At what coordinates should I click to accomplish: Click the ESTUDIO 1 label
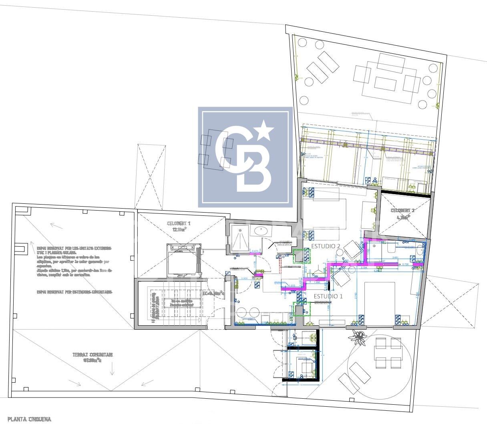click(x=328, y=296)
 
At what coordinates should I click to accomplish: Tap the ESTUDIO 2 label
click(x=326, y=246)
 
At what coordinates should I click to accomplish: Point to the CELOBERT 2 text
click(x=402, y=211)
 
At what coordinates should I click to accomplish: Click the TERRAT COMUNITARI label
click(x=93, y=355)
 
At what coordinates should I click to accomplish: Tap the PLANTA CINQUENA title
click(x=29, y=419)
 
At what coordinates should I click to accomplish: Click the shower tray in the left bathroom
click(x=241, y=239)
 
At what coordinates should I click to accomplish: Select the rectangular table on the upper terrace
click(x=385, y=83)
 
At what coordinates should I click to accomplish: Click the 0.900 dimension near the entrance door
click(x=244, y=278)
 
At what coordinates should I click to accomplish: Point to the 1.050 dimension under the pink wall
click(x=318, y=283)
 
